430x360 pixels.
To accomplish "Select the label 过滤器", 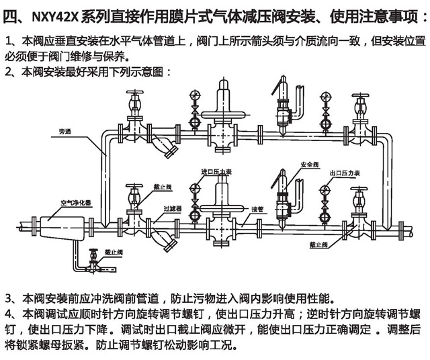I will tap(173, 209).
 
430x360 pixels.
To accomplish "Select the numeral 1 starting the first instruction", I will tap(8, 40).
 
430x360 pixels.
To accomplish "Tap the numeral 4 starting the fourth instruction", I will tap(8, 314).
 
